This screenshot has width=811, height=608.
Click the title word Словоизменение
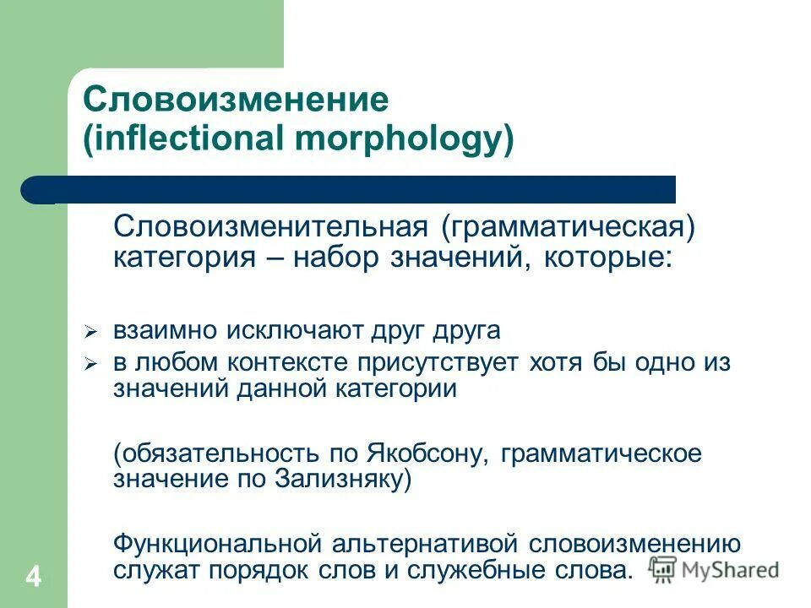click(x=236, y=100)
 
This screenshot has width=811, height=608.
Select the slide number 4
click(x=33, y=578)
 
